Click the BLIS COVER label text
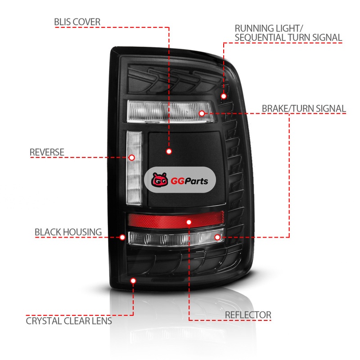(x=77, y=22)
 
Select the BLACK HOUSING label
(x=68, y=232)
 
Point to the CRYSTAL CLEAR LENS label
(x=69, y=321)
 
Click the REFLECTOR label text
(x=248, y=315)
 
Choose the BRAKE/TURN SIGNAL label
(x=304, y=108)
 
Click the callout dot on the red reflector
(x=189, y=222)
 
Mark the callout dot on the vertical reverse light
(x=132, y=157)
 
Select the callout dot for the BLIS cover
(x=169, y=151)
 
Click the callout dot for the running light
(x=224, y=96)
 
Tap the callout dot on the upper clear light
(x=202, y=113)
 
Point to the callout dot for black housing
(x=122, y=237)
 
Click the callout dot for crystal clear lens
(x=133, y=281)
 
